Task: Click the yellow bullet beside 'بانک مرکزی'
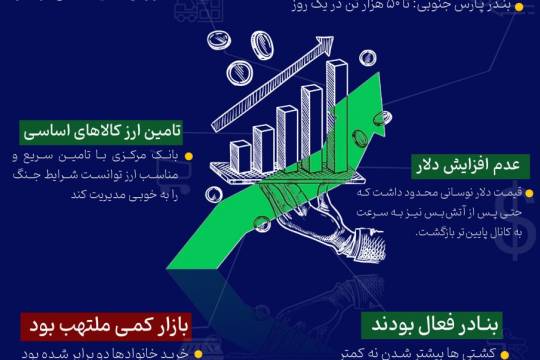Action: pos(188,156)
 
